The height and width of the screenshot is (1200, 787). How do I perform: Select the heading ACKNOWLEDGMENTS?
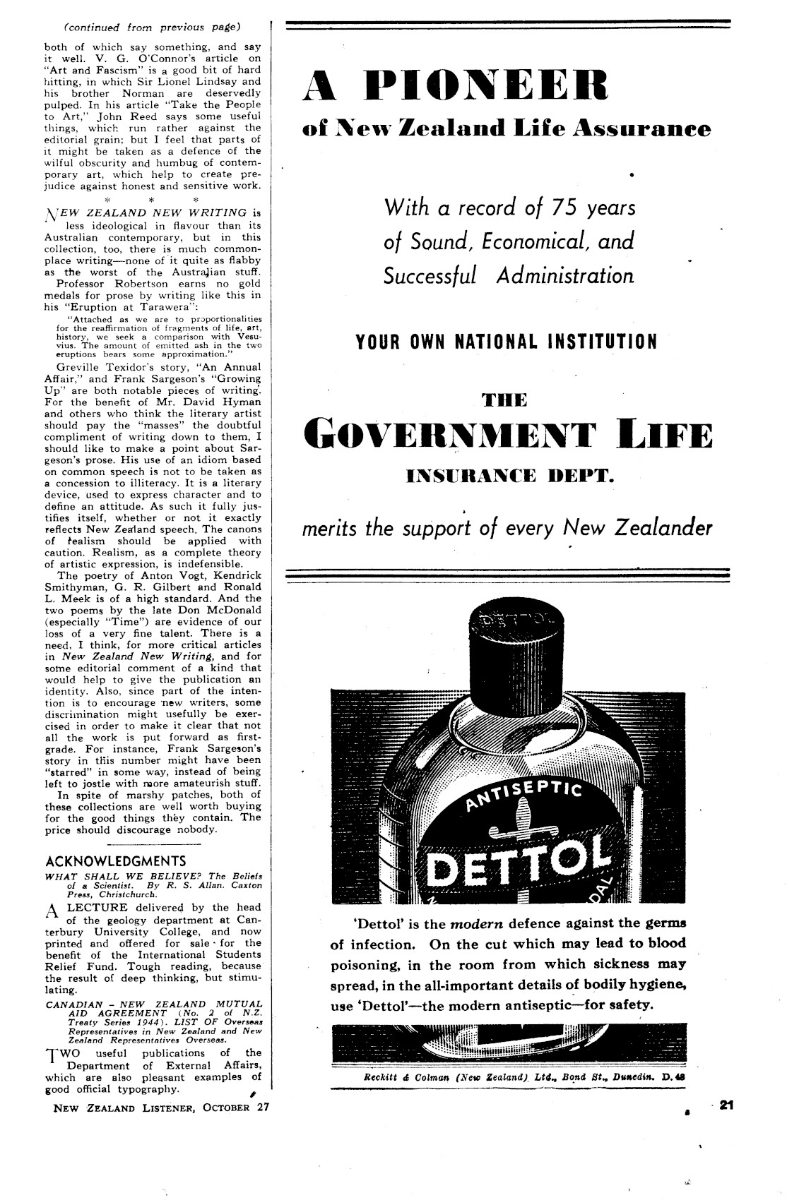(115, 861)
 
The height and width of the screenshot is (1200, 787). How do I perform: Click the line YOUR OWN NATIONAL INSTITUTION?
(507, 342)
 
